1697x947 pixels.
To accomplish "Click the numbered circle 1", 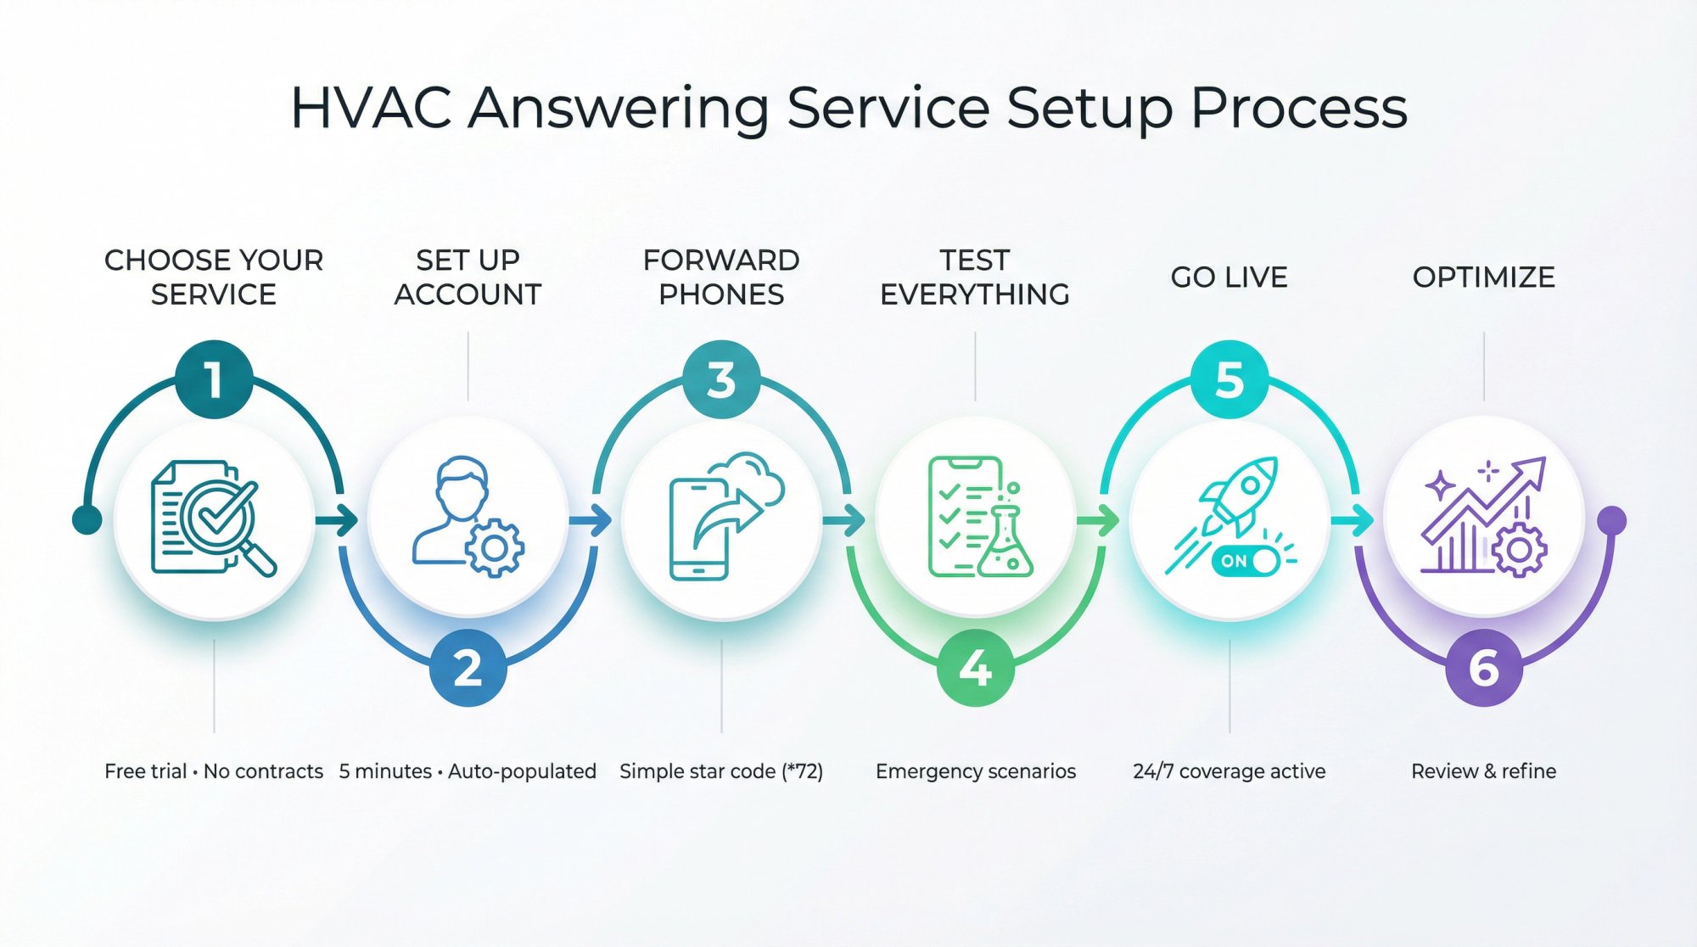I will click(x=214, y=379).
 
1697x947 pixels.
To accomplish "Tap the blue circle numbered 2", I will click(x=468, y=668).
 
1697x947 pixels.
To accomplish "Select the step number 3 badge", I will click(x=721, y=379).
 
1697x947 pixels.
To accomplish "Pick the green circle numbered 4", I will click(x=975, y=668).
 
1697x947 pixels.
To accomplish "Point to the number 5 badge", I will click(x=1229, y=379).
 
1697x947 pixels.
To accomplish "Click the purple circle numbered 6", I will click(x=1483, y=668).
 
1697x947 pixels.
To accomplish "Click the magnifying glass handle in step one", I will click(x=259, y=559).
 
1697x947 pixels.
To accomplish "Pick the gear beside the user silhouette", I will click(x=495, y=548).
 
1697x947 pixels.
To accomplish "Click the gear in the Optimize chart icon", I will click(x=1519, y=551).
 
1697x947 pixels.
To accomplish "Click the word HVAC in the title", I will click(x=370, y=109).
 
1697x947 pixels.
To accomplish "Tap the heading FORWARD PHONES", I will click(x=721, y=277).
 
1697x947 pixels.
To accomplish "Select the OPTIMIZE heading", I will click(x=1483, y=277).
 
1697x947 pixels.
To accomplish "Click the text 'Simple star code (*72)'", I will click(x=721, y=771).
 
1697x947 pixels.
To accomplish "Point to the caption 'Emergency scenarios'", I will click(x=975, y=771).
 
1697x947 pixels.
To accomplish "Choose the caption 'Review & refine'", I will click(x=1483, y=771).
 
